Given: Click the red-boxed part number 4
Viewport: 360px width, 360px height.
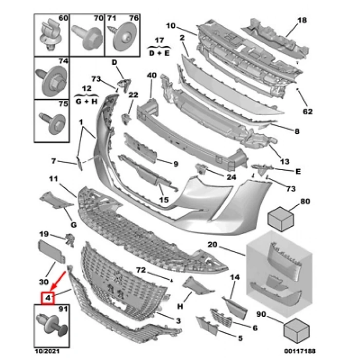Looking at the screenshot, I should (x=48, y=297).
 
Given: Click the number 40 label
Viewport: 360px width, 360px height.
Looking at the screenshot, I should (x=151, y=76).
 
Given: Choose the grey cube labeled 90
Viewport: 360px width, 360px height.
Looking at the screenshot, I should (x=296, y=329).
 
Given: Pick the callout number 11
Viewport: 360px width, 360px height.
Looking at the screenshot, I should (x=53, y=179).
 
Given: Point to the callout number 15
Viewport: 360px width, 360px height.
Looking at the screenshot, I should (x=164, y=200).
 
